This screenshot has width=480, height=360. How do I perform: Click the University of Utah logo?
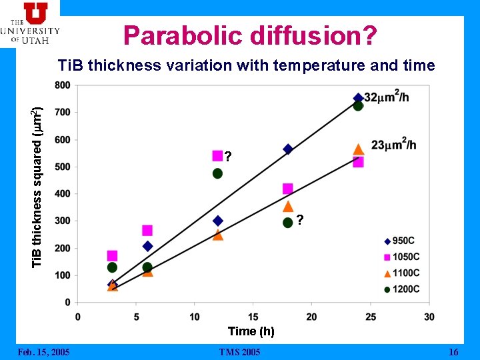(x=31, y=23)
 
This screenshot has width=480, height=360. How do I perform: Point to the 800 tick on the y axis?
(x=63, y=85)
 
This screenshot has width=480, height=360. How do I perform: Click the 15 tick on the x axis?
(x=253, y=316)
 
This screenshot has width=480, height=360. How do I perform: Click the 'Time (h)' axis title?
(x=251, y=331)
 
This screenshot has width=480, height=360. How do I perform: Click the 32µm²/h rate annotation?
(x=387, y=97)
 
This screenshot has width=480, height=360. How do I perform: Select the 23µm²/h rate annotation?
(x=393, y=145)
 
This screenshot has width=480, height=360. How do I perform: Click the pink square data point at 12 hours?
(x=217, y=156)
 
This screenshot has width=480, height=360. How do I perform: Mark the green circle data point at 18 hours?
(x=287, y=223)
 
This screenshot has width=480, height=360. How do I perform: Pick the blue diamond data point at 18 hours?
(x=288, y=149)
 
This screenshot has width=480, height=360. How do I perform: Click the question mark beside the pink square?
(x=229, y=157)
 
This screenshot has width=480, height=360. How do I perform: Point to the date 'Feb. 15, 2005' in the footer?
(x=43, y=352)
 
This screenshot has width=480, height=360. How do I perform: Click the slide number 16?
(x=453, y=352)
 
